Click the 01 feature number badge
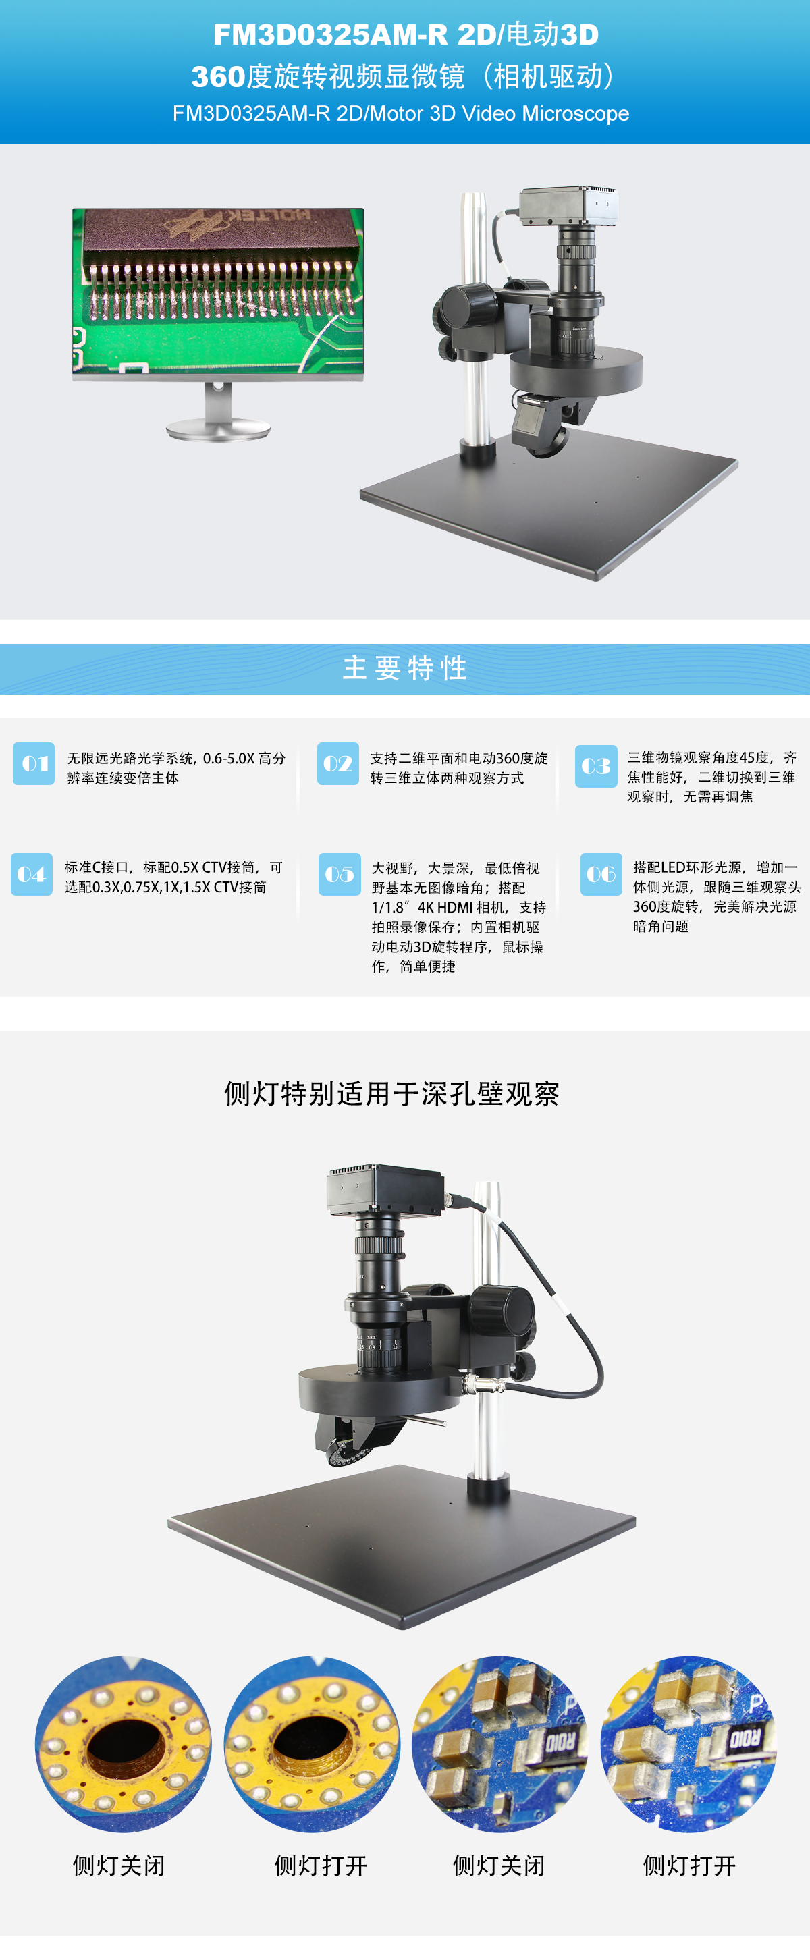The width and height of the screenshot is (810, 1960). tap(34, 763)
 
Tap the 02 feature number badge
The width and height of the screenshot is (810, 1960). tap(337, 763)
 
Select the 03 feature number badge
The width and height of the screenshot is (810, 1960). tap(596, 766)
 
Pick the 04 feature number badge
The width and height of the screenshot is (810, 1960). tap(32, 874)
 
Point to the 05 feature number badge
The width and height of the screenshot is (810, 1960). tap(340, 874)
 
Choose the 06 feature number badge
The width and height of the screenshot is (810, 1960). tap(601, 874)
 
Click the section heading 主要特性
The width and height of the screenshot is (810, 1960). tap(405, 668)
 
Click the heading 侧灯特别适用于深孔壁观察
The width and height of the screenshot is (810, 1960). tap(392, 1093)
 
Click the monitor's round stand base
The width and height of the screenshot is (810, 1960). tap(219, 429)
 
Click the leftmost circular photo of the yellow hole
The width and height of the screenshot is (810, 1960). tap(124, 1744)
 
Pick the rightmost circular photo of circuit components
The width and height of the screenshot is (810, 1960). tap(689, 1744)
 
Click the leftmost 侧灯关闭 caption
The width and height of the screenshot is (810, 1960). tap(119, 1865)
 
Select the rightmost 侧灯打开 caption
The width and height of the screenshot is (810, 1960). tap(690, 1865)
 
